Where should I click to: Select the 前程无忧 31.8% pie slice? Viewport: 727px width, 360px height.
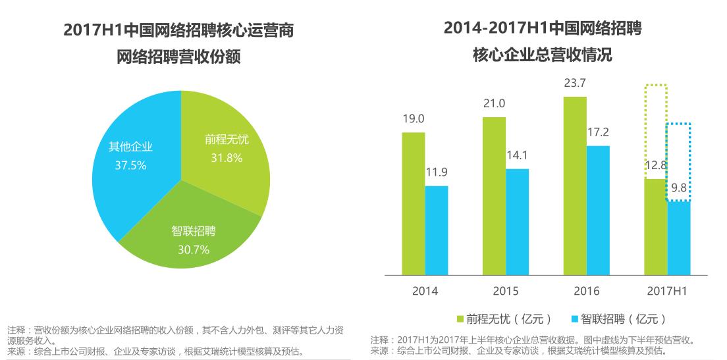pyautogui.click(x=227, y=158)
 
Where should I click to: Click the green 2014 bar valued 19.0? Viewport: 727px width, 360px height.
pyautogui.click(x=413, y=203)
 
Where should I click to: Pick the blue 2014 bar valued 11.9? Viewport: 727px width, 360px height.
pyautogui.click(x=436, y=230)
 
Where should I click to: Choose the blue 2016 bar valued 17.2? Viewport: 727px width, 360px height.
pyautogui.click(x=598, y=210)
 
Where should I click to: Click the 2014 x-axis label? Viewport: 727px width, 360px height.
pyautogui.click(x=425, y=290)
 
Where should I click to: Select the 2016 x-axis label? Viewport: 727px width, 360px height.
pyautogui.click(x=586, y=290)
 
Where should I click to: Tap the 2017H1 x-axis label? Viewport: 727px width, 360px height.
pyautogui.click(x=667, y=290)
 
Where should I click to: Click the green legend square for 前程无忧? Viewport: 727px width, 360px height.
pyautogui.click(x=461, y=319)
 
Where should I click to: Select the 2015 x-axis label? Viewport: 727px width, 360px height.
pyautogui.click(x=505, y=290)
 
